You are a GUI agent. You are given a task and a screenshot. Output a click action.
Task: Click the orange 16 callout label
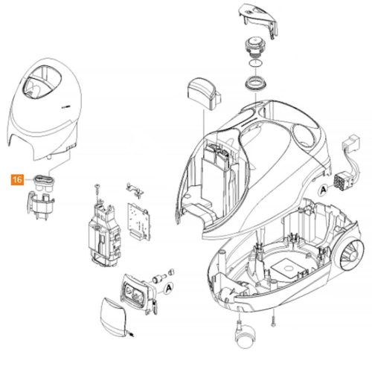pyautogui.click(x=16, y=179)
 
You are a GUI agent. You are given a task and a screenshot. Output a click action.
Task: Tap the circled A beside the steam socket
pyautogui.click(x=168, y=286)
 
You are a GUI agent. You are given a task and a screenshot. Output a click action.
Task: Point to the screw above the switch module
pyautogui.click(x=96, y=187)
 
